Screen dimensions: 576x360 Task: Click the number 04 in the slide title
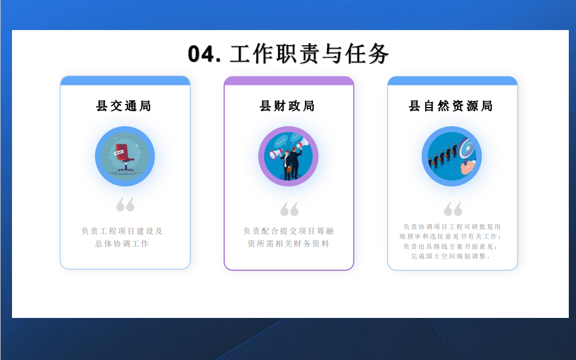pyautogui.click(x=201, y=55)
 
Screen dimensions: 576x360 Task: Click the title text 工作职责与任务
pyautogui.click(x=309, y=54)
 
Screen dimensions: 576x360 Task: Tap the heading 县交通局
pyautogui.click(x=124, y=106)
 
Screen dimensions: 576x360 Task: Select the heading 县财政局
pyautogui.click(x=287, y=106)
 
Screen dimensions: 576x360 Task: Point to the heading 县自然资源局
pyautogui.click(x=451, y=106)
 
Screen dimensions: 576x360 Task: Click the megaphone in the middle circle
pyautogui.click(x=277, y=154)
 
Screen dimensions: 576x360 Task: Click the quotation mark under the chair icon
pyautogui.click(x=126, y=205)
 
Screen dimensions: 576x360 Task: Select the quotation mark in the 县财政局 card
pyautogui.click(x=289, y=209)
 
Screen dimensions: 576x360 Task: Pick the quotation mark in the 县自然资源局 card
pyautogui.click(x=453, y=209)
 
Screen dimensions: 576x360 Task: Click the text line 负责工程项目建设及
pyautogui.click(x=122, y=231)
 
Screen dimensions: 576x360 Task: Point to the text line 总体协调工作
pyautogui.click(x=122, y=243)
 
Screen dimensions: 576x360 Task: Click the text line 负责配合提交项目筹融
pyautogui.click(x=288, y=231)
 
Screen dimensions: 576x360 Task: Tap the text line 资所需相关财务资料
pyautogui.click(x=288, y=243)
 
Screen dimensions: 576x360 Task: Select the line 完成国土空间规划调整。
pyautogui.click(x=451, y=256)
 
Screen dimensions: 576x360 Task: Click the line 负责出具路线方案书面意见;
pyautogui.click(x=451, y=246)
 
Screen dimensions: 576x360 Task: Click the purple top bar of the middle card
pyautogui.click(x=289, y=81)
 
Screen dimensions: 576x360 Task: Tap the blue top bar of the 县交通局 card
pyautogui.click(x=126, y=81)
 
